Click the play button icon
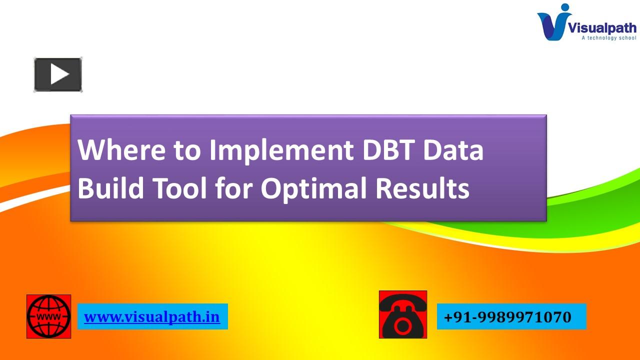pos(58,75)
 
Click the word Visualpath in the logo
pos(602,28)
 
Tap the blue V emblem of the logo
pos(554,24)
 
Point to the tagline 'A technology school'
pos(608,38)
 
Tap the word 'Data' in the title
pos(454,150)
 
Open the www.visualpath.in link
pos(152,317)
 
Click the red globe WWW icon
pos(48,316)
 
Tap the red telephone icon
pos(403,314)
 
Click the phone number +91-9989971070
pos(507,317)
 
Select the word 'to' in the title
pos(187,150)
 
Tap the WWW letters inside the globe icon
pos(48,317)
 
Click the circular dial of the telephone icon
pos(402,326)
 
